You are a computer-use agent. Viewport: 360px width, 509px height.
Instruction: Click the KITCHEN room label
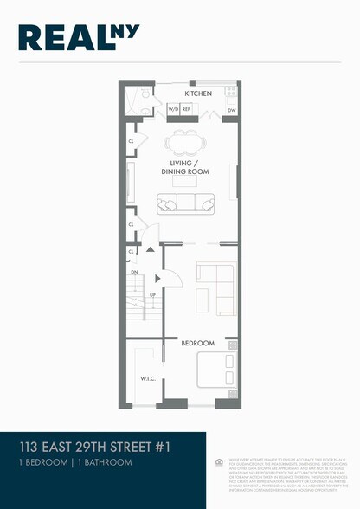pyautogui.click(x=198, y=93)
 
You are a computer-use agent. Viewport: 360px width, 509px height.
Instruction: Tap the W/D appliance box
pyautogui.click(x=172, y=110)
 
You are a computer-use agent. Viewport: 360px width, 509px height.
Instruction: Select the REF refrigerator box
pyautogui.click(x=185, y=110)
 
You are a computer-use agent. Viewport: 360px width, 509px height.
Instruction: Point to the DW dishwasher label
pyautogui.click(x=231, y=111)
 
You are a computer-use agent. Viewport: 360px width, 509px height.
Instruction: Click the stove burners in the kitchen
pyautogui.click(x=231, y=92)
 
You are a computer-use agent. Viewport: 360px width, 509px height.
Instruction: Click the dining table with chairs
pyautogui.click(x=184, y=141)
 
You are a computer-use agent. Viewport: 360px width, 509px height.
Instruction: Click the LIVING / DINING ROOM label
pyautogui.click(x=185, y=167)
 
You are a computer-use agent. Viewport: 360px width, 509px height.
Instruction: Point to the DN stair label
pyautogui.click(x=134, y=271)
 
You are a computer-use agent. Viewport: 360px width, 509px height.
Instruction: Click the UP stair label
pyautogui.click(x=153, y=294)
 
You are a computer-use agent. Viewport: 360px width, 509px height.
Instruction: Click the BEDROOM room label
pyautogui.click(x=197, y=344)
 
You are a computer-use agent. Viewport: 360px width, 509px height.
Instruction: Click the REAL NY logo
pyautogui.click(x=78, y=37)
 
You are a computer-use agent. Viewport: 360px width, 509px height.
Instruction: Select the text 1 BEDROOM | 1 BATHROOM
pyautogui.click(x=76, y=463)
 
